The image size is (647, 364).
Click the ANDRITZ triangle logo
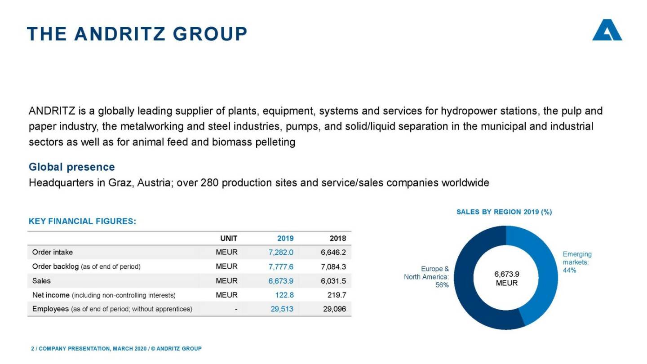[x=607, y=31]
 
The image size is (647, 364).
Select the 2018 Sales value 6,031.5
[x=333, y=281]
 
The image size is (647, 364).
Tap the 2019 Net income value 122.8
[x=284, y=295]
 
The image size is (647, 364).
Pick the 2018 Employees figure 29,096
[x=335, y=309]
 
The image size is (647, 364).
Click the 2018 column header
[x=338, y=238]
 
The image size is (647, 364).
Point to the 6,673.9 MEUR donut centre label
[x=506, y=279]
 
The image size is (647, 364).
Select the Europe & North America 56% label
[x=426, y=277]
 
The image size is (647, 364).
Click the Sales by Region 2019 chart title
[x=504, y=212]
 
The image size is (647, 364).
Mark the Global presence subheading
[x=72, y=167]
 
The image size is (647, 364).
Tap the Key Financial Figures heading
[x=82, y=221]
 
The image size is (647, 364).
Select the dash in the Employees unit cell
[x=236, y=309]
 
